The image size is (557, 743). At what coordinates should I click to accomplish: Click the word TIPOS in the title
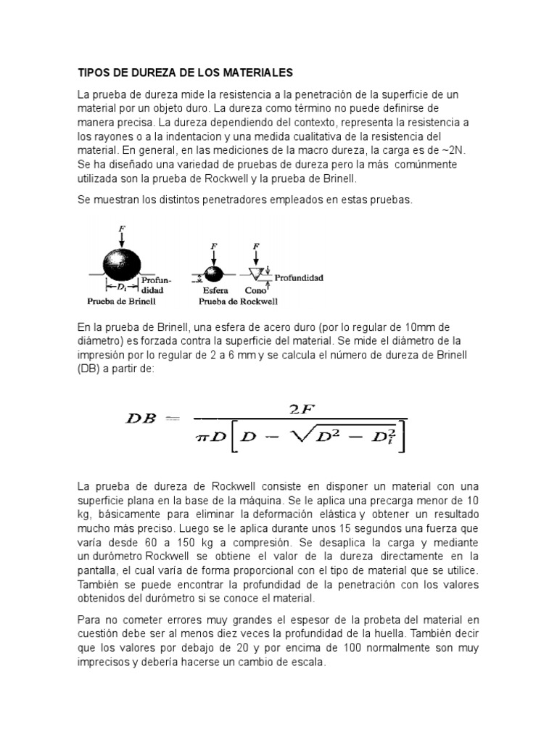[x=94, y=73]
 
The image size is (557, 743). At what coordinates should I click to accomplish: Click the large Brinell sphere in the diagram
[x=122, y=263]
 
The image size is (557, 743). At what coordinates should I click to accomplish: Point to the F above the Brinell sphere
[x=122, y=230]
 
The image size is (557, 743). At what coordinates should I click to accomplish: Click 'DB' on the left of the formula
[x=144, y=419]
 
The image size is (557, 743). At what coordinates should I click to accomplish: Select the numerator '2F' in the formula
[x=300, y=409]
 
